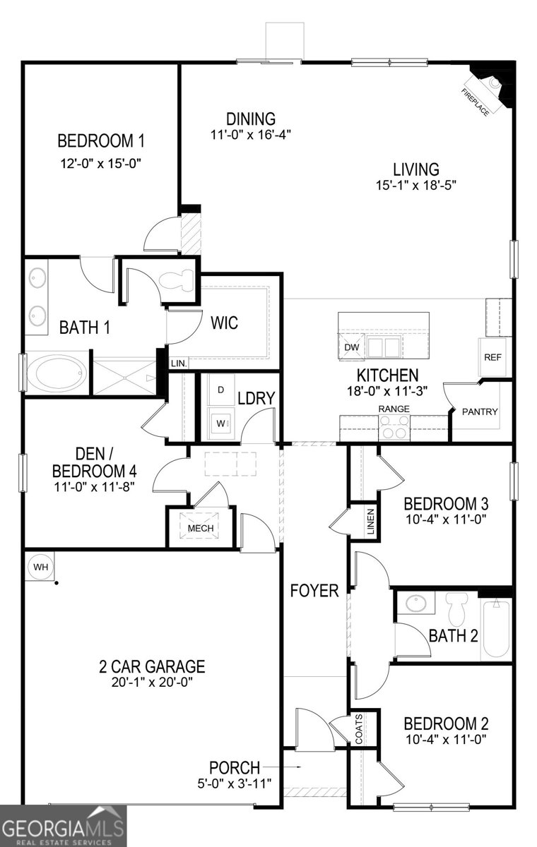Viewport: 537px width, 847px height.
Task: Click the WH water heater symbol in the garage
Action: coord(40,566)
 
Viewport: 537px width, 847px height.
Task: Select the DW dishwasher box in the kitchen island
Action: coord(351,347)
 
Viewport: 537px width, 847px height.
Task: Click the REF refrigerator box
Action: coord(492,357)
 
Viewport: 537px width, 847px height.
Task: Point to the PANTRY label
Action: coord(480,412)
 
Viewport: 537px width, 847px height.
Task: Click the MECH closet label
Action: coord(200,527)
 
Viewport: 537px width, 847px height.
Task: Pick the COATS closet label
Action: coord(360,728)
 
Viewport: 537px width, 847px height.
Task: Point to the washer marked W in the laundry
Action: coord(220,424)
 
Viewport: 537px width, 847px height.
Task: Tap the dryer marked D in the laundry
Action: coord(220,390)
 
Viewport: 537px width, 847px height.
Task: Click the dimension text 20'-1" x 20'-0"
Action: coord(151,682)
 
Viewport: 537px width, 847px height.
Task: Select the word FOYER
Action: coord(314,590)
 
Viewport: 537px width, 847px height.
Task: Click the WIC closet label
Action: coord(224,323)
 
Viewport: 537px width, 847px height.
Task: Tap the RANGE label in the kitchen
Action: coord(394,409)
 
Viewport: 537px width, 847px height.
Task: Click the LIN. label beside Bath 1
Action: coord(179,364)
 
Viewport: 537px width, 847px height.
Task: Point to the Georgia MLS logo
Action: coord(64,826)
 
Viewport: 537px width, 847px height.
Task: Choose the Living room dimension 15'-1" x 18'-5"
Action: coord(416,186)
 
